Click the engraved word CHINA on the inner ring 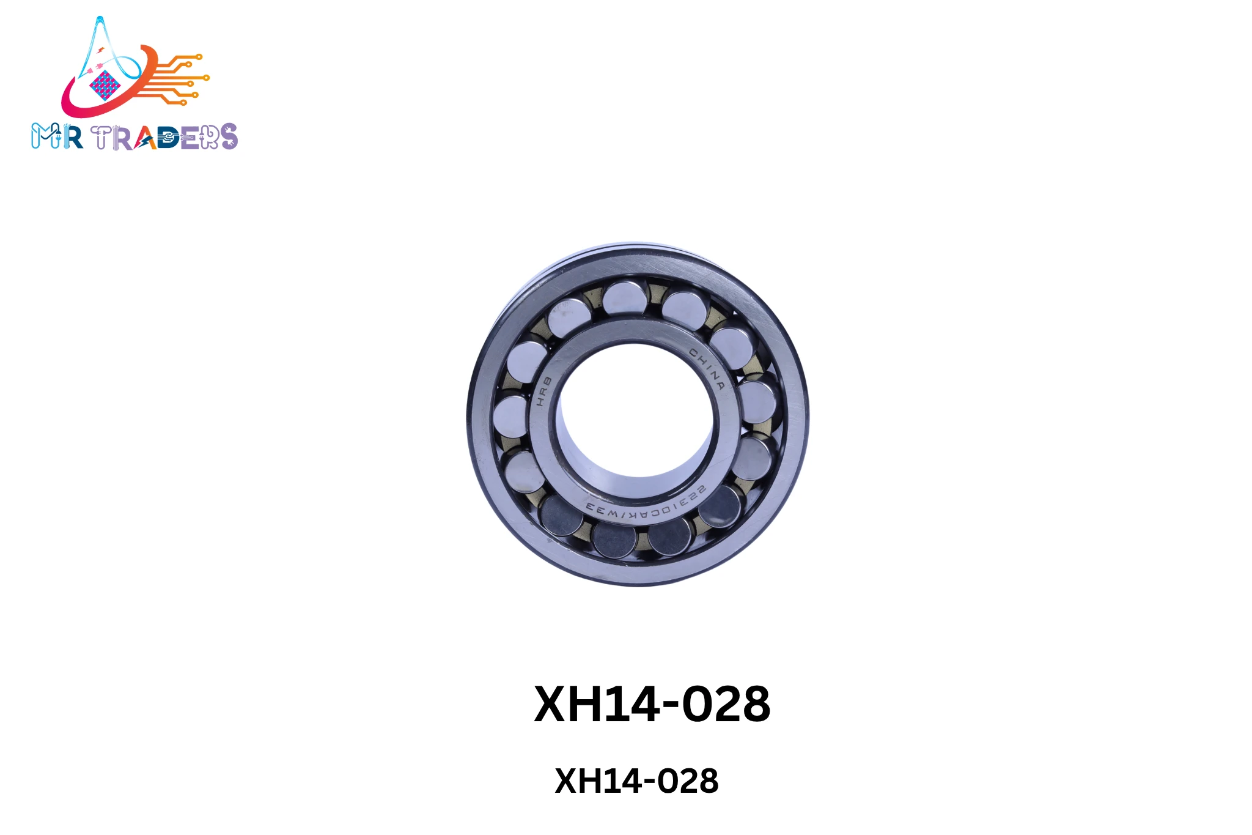[x=707, y=368]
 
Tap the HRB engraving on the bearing [x=543, y=392]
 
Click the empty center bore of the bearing [x=636, y=410]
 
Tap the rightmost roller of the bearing [x=758, y=402]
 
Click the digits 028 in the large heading [x=726, y=704]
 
